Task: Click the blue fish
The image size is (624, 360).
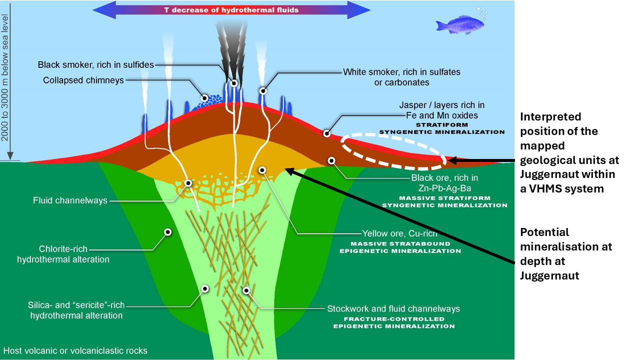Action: [x=456, y=25]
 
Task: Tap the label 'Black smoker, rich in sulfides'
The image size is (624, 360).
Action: [x=95, y=65]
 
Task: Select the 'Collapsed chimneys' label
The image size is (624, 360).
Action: [x=83, y=80]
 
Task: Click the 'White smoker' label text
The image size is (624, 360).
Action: [x=401, y=72]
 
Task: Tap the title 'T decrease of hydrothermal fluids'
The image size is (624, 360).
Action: [x=232, y=9]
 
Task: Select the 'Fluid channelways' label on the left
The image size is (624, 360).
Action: [x=70, y=201]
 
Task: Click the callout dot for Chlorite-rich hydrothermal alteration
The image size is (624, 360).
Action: [x=168, y=232]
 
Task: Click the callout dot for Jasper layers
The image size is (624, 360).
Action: [x=326, y=133]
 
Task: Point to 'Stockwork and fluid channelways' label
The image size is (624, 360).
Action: [x=393, y=308]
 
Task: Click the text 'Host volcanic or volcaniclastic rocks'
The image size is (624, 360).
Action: [x=75, y=350]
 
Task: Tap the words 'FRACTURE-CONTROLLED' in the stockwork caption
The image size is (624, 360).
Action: [x=394, y=318]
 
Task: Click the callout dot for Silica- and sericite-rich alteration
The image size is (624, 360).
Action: [x=204, y=288]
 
